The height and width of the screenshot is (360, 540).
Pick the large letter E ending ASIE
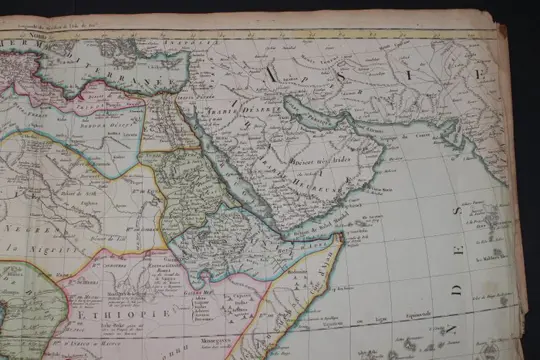point(474,75)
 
